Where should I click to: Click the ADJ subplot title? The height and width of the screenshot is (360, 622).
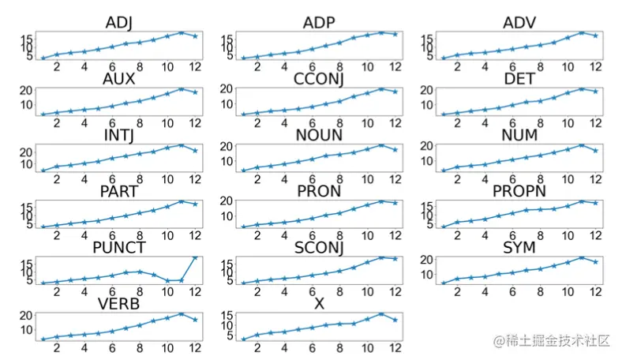pos(119,22)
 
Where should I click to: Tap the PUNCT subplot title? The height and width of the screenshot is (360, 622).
pos(119,248)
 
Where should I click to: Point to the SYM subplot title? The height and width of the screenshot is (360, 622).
pos(519,248)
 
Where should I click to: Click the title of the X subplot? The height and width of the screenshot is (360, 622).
pos(318,304)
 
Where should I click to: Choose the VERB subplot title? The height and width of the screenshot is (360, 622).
pos(119,304)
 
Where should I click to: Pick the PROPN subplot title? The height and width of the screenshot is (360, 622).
pos(519,191)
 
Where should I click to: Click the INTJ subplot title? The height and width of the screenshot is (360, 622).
pos(119,135)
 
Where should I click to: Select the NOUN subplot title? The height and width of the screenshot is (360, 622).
pos(318,135)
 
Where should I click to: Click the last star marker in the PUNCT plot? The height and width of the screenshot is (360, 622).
pos(195,258)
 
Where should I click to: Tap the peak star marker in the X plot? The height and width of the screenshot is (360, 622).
pos(381,313)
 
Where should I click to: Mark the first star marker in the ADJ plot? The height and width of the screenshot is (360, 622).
pos(43,58)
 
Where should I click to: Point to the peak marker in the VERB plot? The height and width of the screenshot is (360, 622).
pos(181,313)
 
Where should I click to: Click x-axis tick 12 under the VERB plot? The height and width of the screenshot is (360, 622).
pos(194,348)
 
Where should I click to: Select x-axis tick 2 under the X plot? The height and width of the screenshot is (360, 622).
pos(256,348)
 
